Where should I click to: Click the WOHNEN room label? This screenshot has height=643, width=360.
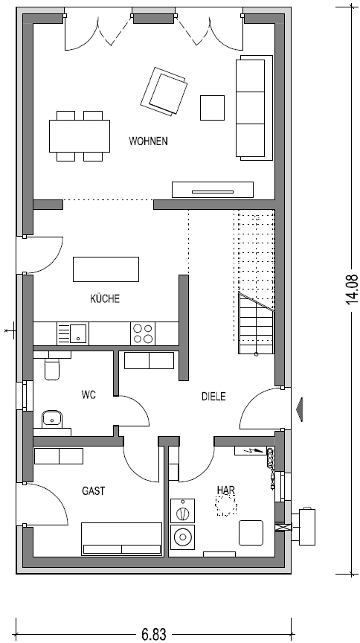click(149, 141)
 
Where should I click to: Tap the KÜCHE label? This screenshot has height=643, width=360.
click(105, 298)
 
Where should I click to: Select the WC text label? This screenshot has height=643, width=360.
click(89, 395)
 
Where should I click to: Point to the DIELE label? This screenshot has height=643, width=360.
click(213, 397)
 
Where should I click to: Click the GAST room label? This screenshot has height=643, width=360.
click(94, 490)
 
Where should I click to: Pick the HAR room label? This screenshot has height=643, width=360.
click(226, 490)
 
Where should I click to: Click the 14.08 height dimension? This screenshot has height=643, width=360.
click(352, 289)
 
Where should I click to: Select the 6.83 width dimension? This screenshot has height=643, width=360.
click(154, 634)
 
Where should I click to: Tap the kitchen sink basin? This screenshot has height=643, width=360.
click(78, 333)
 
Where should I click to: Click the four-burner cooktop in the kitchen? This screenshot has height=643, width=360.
click(143, 333)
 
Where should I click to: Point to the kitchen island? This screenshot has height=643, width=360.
click(106, 269)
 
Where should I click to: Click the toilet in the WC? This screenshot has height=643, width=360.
click(52, 366)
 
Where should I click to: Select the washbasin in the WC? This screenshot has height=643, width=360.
click(51, 419)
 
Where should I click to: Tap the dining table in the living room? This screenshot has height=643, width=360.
click(80, 135)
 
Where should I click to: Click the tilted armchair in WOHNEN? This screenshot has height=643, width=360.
click(164, 91)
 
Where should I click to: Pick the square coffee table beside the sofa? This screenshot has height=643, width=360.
click(213, 108)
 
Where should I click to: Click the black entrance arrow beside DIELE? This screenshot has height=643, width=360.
click(301, 409)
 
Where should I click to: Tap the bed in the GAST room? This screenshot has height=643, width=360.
click(122, 539)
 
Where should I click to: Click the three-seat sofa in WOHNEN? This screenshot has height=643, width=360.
click(254, 107)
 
